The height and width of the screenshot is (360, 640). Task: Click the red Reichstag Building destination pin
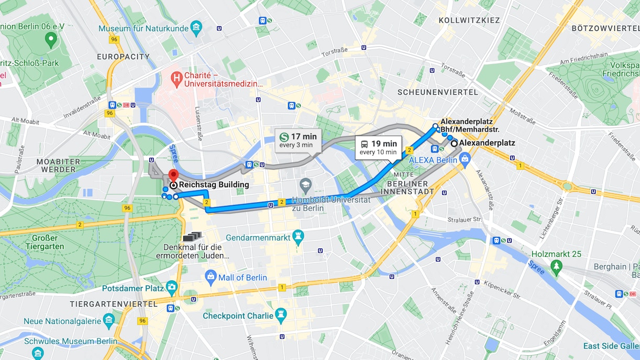click(173, 176)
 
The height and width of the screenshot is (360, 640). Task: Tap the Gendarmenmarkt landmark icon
click(299, 237)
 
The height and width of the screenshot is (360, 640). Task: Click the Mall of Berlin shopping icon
click(211, 277)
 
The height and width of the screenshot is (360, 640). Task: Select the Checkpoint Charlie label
click(238, 316)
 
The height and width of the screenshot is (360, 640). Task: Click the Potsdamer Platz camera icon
click(172, 288)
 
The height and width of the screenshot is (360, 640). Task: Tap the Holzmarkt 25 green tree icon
click(556, 267)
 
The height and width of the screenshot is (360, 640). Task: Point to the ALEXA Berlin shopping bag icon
click(466, 159)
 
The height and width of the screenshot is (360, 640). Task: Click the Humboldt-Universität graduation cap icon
click(305, 185)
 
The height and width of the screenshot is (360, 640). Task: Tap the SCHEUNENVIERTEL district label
click(437, 92)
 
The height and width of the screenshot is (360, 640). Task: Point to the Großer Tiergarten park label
click(45, 242)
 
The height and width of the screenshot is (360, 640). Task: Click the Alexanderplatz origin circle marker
click(454, 143)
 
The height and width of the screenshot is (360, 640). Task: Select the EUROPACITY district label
click(123, 57)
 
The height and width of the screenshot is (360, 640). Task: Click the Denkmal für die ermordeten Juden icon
click(192, 237)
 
